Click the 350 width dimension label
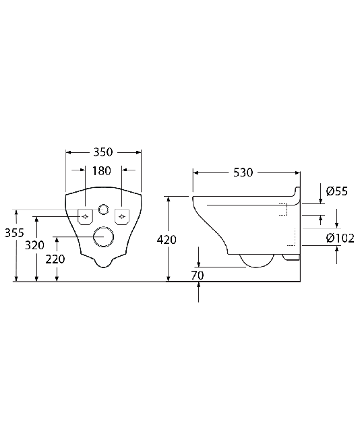[x=103, y=152]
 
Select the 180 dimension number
[x=102, y=171]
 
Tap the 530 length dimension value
[x=243, y=172]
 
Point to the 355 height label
[x=14, y=233]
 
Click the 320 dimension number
[x=34, y=245]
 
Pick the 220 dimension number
[x=55, y=259]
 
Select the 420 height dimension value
[x=167, y=240]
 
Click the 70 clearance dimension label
[x=198, y=276]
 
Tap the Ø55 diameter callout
[x=337, y=191]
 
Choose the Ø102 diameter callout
[x=340, y=238]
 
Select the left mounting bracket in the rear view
[x=86, y=217]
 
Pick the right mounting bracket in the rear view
[x=122, y=217]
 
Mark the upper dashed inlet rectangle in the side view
[x=283, y=210]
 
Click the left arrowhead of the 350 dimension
[x=69, y=152]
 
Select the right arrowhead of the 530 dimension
[x=297, y=172]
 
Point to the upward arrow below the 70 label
[x=198, y=292]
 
